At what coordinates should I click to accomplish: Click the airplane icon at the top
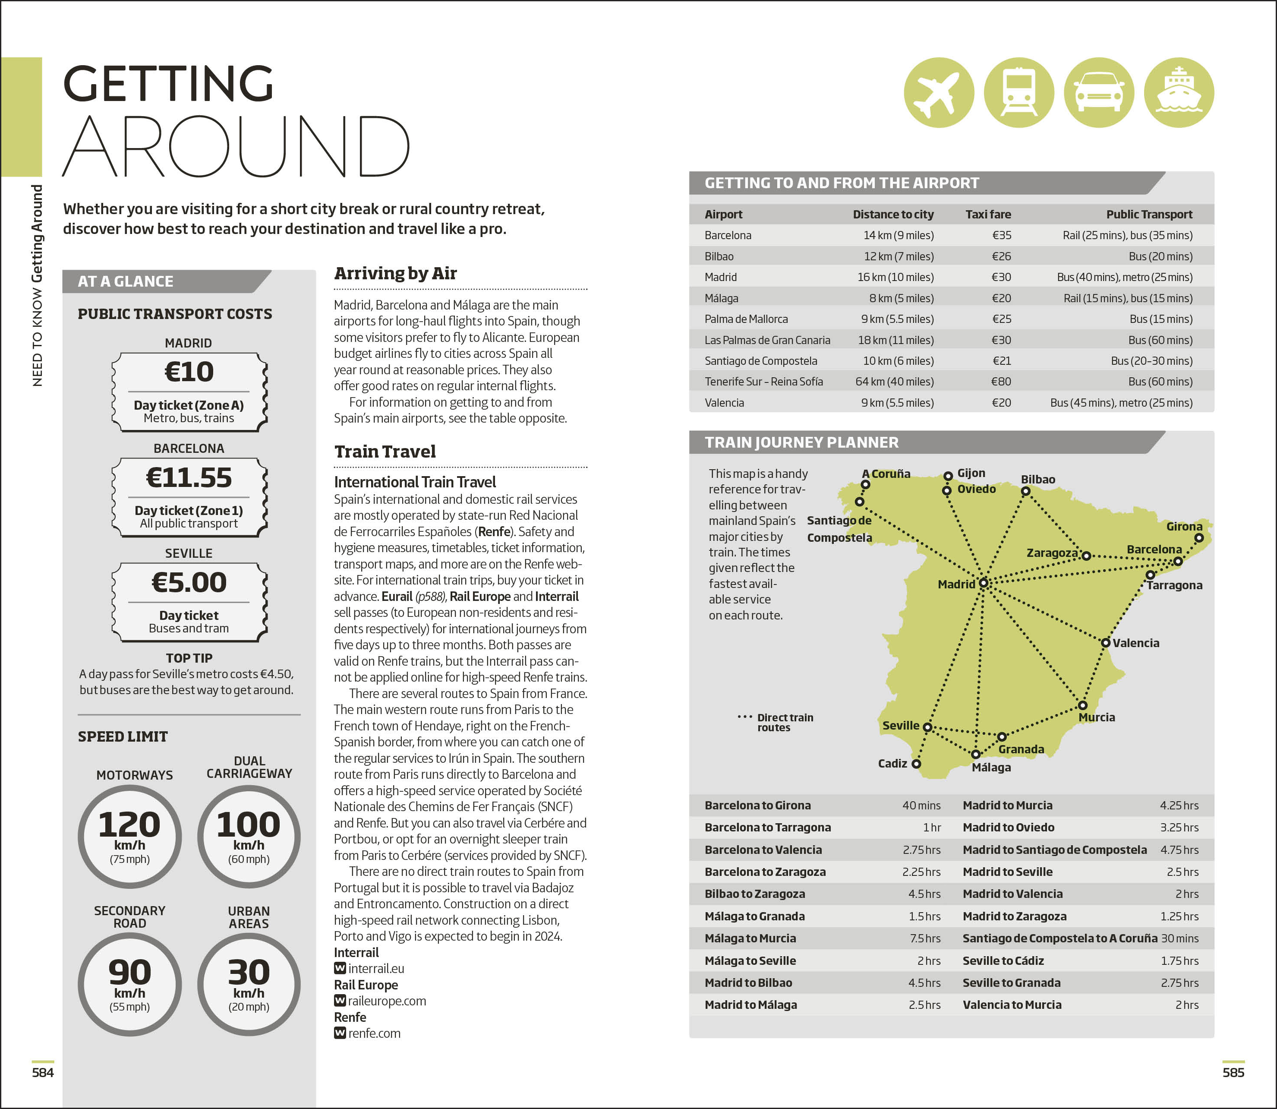[939, 93]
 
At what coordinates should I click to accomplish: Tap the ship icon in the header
[1179, 93]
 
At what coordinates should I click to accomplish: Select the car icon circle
[1099, 93]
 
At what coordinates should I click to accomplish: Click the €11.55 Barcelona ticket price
[189, 478]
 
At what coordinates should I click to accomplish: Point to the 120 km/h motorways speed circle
[129, 836]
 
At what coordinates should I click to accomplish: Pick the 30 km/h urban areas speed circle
[249, 984]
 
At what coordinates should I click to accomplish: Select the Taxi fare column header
[988, 214]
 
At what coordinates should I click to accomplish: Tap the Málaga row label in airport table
[722, 298]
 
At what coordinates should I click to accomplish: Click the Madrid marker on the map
[983, 583]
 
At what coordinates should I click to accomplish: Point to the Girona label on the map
[1184, 527]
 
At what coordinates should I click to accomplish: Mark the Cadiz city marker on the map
[916, 764]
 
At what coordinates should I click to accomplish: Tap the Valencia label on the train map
[1136, 643]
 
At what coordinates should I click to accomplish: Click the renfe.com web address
[374, 1033]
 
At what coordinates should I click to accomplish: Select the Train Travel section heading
[385, 452]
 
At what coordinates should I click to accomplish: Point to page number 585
[1233, 1072]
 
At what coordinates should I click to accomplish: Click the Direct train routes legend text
[785, 722]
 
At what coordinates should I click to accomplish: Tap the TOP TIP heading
[189, 658]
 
